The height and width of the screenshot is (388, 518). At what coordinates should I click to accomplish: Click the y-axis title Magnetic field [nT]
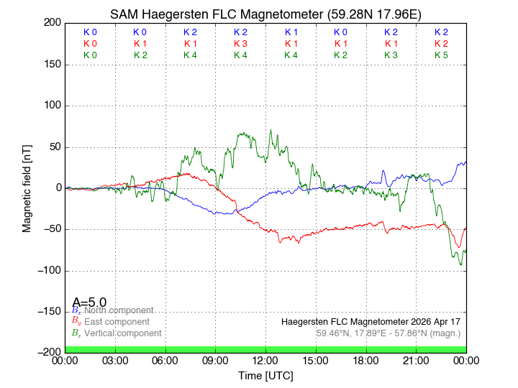[27, 187]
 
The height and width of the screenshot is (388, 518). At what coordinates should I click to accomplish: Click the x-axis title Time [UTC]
[265, 376]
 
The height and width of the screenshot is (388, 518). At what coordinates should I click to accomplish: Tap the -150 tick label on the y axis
[48, 312]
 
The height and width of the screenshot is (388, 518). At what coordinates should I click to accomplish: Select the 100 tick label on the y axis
[53, 106]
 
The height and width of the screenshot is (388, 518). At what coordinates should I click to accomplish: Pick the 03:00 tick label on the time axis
[115, 360]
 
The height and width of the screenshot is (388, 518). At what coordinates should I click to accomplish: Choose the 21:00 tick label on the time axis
[416, 360]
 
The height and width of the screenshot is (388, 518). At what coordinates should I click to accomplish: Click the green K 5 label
[441, 55]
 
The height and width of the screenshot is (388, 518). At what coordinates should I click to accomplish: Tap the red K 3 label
[240, 44]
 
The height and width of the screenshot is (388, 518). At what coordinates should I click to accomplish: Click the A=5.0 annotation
[89, 302]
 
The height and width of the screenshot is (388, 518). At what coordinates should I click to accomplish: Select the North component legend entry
[119, 310]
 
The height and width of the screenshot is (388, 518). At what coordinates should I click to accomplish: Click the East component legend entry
[117, 322]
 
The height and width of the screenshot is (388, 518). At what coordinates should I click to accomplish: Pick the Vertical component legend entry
[122, 333]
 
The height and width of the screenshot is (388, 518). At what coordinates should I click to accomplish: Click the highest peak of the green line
[271, 130]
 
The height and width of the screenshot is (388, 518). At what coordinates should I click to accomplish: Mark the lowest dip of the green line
[461, 264]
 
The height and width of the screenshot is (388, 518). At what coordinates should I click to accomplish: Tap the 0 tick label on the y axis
[58, 188]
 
